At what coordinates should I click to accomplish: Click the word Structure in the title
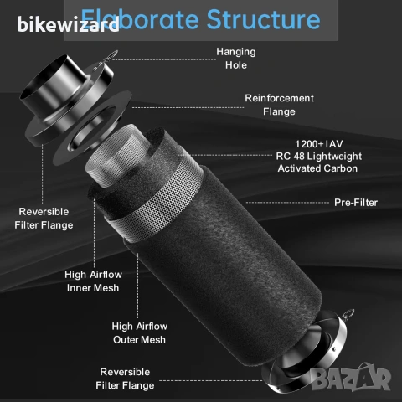[263, 19]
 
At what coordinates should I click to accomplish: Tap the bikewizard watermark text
[69, 24]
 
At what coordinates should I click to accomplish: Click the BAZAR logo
[351, 377]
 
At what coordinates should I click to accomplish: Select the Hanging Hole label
[236, 59]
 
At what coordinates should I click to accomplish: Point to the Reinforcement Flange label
[279, 105]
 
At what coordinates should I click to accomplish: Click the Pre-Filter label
[356, 203]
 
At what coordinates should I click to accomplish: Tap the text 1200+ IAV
[319, 144]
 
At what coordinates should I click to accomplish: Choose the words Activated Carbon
[317, 168]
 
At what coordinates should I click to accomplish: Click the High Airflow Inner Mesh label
[93, 281]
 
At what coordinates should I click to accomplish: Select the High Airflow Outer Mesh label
[140, 332]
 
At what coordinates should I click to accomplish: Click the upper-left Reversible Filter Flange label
[44, 219]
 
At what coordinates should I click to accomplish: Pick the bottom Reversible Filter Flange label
[125, 379]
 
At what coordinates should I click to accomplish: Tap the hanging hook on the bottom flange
[348, 314]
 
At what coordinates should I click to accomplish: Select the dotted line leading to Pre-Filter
[287, 203]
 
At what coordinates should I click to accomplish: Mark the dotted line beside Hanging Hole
[164, 59]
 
